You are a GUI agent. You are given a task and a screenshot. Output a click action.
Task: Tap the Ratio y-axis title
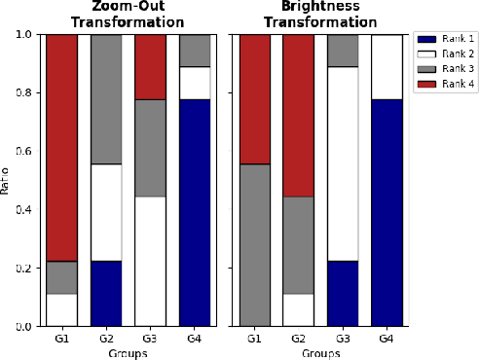point(8,180)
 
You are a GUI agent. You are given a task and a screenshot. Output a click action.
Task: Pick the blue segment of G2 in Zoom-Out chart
point(107,293)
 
